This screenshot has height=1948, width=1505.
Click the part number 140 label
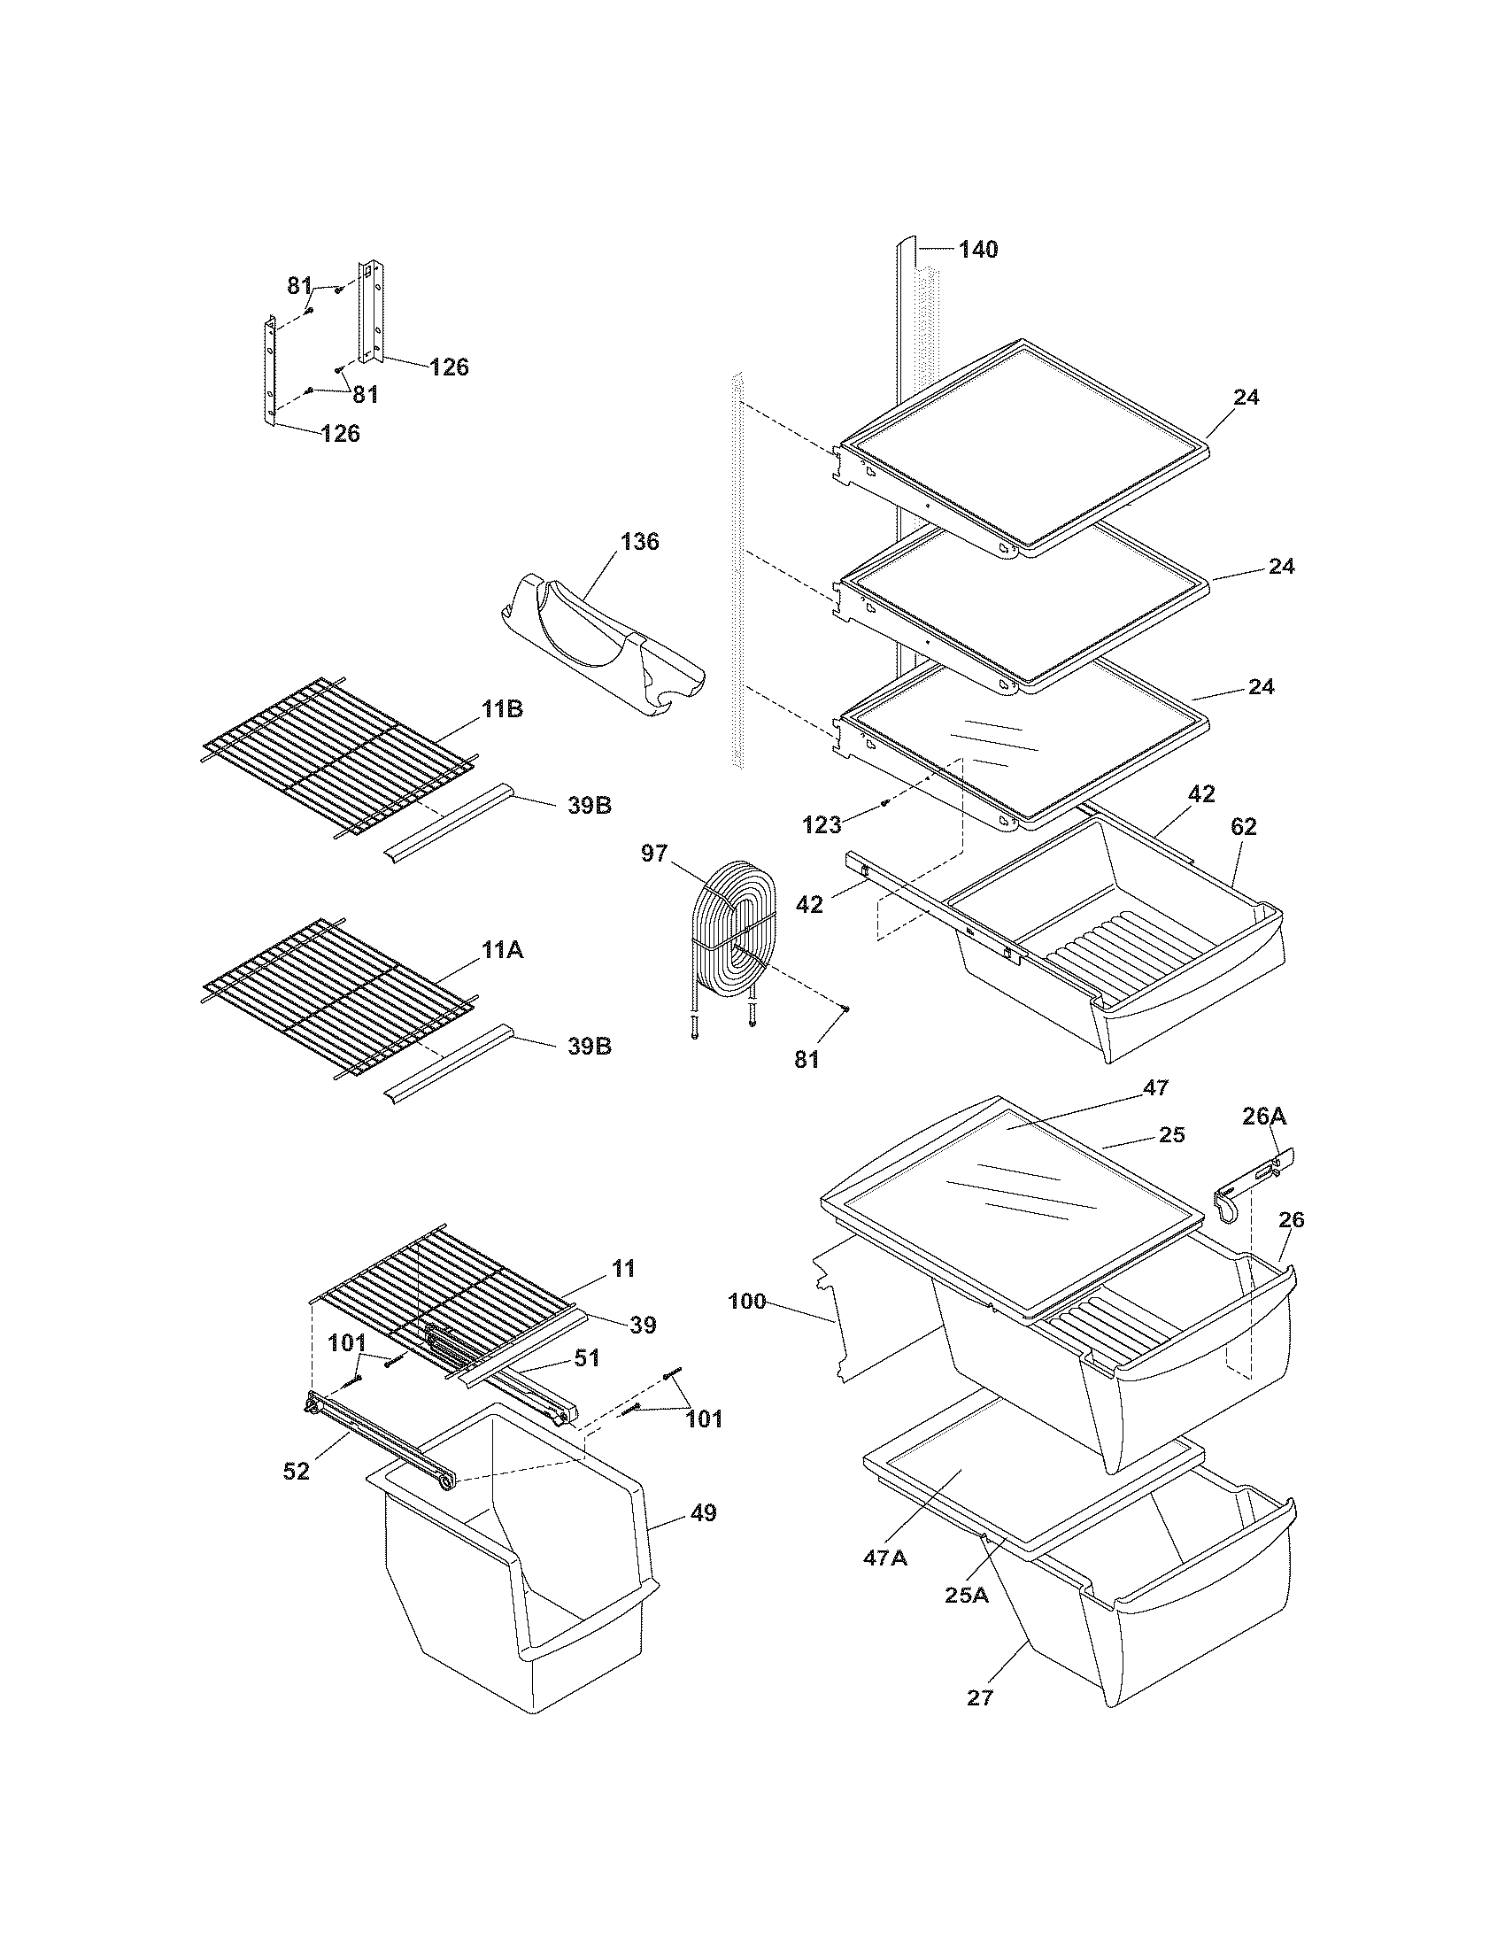tap(978, 250)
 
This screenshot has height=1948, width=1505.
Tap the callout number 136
tap(639, 541)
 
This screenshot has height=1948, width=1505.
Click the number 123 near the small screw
tap(822, 825)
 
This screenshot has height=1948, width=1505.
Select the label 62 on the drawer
tap(1243, 827)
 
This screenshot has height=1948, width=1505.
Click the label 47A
tap(884, 1558)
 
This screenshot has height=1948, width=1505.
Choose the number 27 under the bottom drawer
tap(979, 1698)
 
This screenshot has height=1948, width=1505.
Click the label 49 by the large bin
tap(703, 1512)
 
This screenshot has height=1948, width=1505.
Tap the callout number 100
tap(746, 1302)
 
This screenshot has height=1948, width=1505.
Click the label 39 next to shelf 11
tap(642, 1326)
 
